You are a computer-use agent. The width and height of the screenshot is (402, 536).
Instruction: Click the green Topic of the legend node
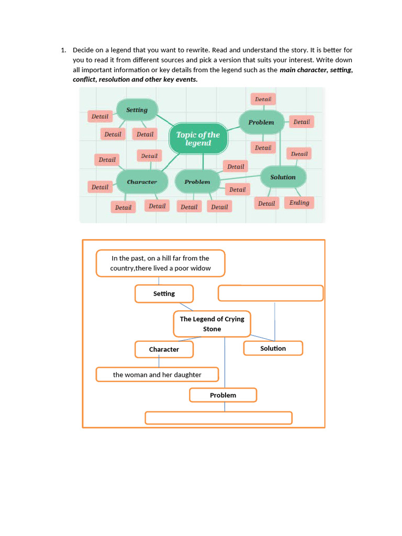(198, 139)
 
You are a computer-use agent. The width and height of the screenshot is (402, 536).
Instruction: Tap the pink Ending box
(299, 203)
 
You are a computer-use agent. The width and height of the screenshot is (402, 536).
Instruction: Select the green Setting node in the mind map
(137, 110)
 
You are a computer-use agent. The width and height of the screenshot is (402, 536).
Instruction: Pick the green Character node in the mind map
(142, 182)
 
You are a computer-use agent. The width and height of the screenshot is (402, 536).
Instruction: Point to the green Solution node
(283, 177)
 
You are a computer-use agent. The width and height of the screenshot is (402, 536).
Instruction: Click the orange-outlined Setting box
(164, 294)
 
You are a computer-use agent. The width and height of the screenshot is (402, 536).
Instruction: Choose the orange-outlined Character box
(164, 349)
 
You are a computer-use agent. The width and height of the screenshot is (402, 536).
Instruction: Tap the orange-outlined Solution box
(273, 348)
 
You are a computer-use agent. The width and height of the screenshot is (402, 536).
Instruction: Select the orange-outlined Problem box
(223, 395)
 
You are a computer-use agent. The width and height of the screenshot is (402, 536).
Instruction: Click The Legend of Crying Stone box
(212, 324)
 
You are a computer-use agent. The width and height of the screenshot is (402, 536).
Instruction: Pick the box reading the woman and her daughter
(157, 375)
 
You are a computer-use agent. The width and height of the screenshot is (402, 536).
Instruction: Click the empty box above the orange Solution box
(270, 293)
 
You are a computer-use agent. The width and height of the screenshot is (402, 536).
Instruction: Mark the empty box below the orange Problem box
(218, 418)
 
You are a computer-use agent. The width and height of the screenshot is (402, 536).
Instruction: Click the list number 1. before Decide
(63, 50)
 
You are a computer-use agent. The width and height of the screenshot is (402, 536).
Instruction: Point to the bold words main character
(303, 70)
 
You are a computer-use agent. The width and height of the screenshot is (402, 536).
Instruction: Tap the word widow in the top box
(201, 268)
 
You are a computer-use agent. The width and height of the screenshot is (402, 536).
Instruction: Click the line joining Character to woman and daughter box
(159, 362)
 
